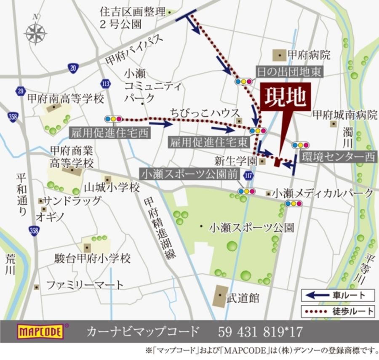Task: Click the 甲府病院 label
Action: (308, 55)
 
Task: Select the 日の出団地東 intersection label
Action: (289, 72)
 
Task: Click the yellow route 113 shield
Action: (106, 84)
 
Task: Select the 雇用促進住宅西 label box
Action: (109, 133)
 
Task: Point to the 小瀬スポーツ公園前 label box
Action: (190, 174)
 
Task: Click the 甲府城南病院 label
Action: (345, 115)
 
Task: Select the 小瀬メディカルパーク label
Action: (323, 193)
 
